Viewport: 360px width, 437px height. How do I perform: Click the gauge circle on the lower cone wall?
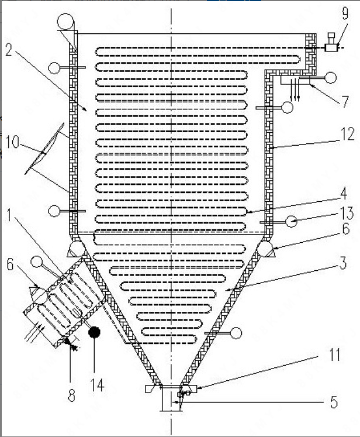(236, 333)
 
